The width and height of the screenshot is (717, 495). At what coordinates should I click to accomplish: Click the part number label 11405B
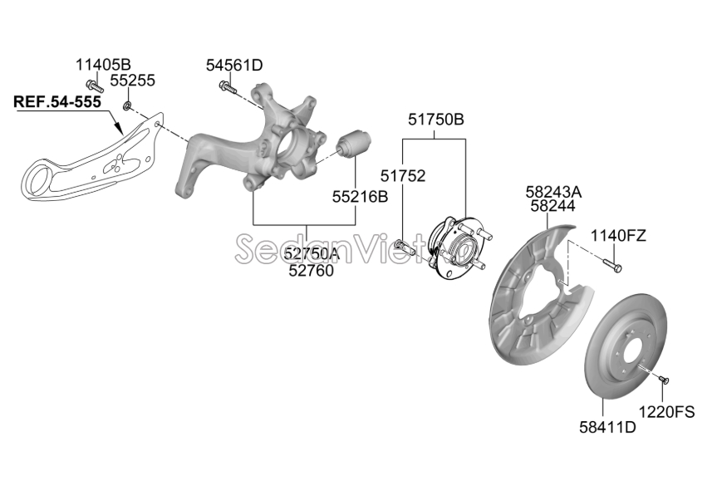coord(103,65)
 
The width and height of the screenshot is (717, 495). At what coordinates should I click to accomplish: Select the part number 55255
coord(133,81)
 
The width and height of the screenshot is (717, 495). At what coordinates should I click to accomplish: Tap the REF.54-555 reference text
coord(57,101)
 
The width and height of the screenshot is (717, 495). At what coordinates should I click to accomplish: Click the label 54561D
coord(234,66)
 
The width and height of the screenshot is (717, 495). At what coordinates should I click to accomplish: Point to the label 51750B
coord(436,120)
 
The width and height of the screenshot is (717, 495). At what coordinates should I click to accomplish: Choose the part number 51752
coord(403,176)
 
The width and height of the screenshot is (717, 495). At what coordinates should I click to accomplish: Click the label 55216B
coord(360,197)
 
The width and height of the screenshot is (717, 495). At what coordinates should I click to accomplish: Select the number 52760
coord(311,271)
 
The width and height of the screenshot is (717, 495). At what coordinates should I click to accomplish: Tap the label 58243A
coord(553,192)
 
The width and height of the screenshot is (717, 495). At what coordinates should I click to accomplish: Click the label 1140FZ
coord(618,236)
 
